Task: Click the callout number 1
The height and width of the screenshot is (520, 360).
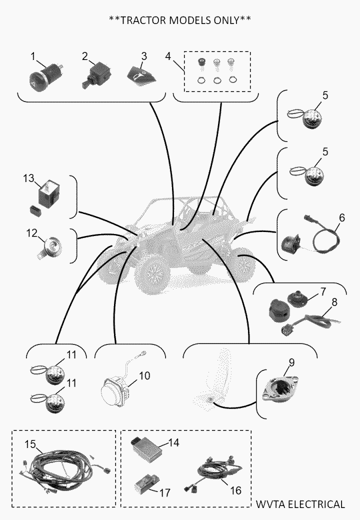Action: pyautogui.click(x=33, y=56)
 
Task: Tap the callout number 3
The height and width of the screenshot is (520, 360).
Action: pyautogui.click(x=144, y=56)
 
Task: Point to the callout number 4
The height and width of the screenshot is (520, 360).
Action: pyautogui.click(x=168, y=56)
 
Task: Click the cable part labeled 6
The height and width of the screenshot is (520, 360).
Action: pyautogui.click(x=322, y=235)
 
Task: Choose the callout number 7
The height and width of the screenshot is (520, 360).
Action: pyautogui.click(x=323, y=291)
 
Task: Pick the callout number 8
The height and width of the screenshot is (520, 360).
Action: pyautogui.click(x=334, y=302)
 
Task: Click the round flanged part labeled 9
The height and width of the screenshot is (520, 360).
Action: pyautogui.click(x=280, y=388)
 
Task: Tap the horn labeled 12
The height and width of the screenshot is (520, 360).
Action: pyautogui.click(x=49, y=246)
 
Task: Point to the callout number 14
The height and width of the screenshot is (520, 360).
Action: pyautogui.click(x=173, y=442)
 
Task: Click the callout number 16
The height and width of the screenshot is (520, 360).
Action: pyautogui.click(x=235, y=490)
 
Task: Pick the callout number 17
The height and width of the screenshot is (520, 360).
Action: pyautogui.click(x=165, y=492)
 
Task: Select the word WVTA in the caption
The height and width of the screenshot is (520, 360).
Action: pyautogui.click(x=270, y=504)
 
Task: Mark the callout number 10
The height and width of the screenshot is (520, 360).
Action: pyautogui.click(x=144, y=375)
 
